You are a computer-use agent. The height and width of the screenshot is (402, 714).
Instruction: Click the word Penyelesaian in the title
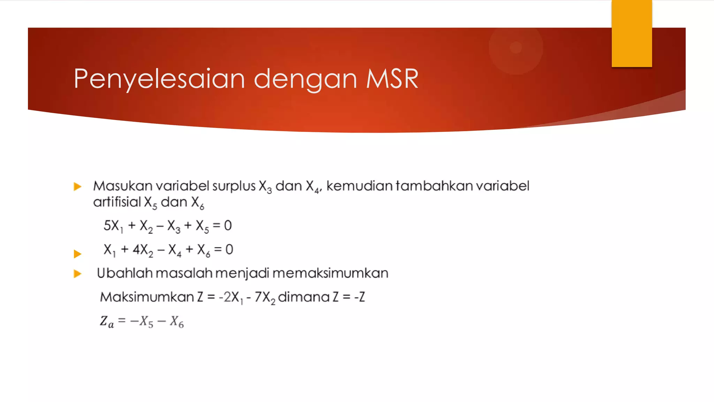click(159, 79)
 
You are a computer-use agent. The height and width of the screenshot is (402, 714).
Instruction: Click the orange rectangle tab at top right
click(631, 33)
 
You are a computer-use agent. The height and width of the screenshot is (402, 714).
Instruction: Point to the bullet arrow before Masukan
click(77, 187)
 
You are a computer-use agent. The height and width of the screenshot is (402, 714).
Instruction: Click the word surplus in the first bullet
click(234, 186)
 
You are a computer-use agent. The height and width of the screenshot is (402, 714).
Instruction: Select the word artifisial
click(117, 202)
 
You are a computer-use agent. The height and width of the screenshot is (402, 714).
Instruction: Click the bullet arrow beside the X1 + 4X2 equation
click(77, 254)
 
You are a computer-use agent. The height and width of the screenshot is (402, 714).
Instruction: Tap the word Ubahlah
click(124, 273)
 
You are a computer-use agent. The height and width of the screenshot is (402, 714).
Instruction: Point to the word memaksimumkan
click(330, 273)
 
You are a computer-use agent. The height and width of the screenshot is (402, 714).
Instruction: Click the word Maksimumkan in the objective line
click(147, 297)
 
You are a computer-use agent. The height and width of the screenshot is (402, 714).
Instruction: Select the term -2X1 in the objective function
click(230, 297)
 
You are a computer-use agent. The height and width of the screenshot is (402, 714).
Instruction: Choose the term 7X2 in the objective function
click(265, 297)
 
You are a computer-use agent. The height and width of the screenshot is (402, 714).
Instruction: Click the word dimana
click(304, 297)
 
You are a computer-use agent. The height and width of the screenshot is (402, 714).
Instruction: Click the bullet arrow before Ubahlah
click(77, 274)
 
